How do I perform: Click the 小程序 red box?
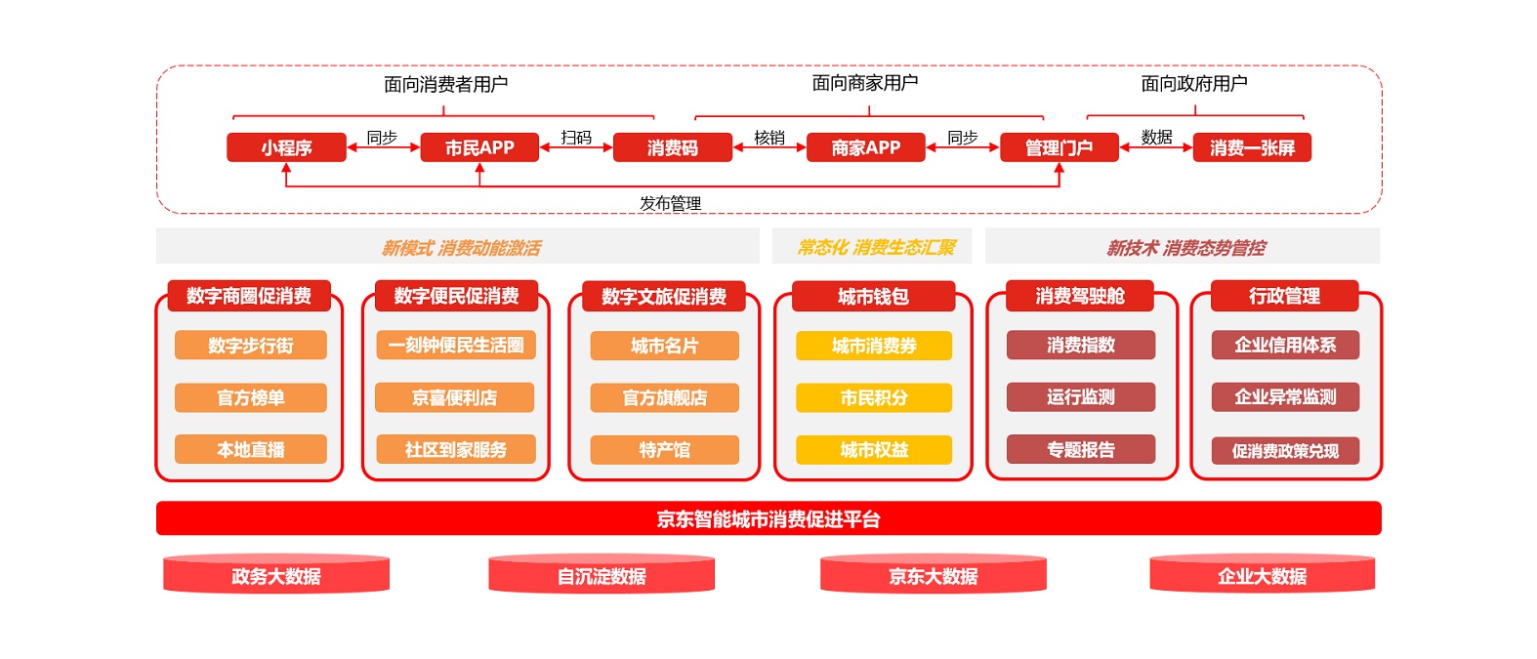(x=286, y=147)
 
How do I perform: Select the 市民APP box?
(x=479, y=147)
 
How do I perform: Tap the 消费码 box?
(x=673, y=147)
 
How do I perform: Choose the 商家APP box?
(x=865, y=147)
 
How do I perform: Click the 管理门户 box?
(x=1059, y=147)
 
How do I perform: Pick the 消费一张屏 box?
(x=1252, y=147)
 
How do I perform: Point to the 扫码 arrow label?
(x=576, y=138)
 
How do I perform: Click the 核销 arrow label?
(x=769, y=138)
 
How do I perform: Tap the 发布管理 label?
(x=671, y=203)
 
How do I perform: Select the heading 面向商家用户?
(x=865, y=83)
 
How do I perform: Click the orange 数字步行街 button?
(x=251, y=346)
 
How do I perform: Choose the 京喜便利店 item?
(x=455, y=397)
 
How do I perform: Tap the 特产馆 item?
(x=664, y=450)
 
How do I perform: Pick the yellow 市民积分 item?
(x=874, y=397)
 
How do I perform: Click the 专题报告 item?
(x=1081, y=449)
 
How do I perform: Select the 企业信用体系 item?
(x=1285, y=345)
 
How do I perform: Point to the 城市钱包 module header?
(x=873, y=296)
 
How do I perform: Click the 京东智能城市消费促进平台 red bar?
(x=768, y=518)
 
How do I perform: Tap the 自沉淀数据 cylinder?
(x=602, y=576)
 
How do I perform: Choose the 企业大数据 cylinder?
(x=1262, y=576)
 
